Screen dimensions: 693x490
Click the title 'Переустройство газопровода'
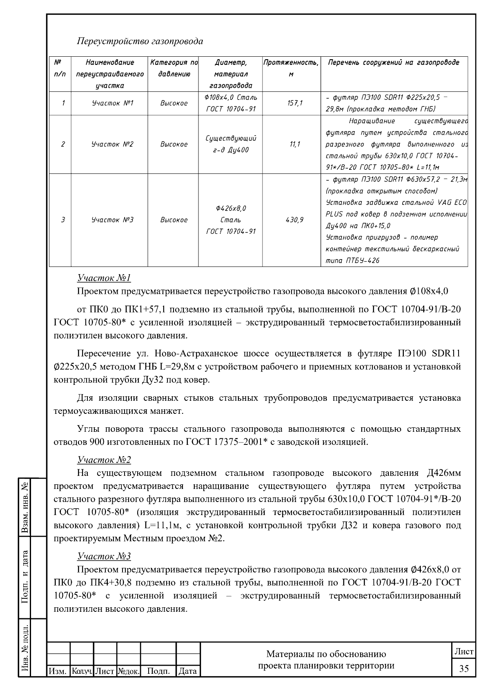[x=140, y=42]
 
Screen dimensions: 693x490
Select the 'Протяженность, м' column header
[x=291, y=68]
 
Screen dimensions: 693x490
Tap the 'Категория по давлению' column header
[x=174, y=68]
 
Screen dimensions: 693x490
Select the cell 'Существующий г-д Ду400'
[x=231, y=144]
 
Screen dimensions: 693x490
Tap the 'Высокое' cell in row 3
[x=174, y=220]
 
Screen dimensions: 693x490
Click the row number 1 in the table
[x=63, y=103]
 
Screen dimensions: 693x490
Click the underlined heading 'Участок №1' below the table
[x=104, y=278]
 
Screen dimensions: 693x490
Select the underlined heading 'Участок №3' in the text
[x=104, y=556]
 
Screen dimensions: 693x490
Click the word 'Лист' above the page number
[x=464, y=652]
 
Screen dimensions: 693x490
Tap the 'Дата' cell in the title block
[x=188, y=671]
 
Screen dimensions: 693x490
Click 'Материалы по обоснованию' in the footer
[x=326, y=654]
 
